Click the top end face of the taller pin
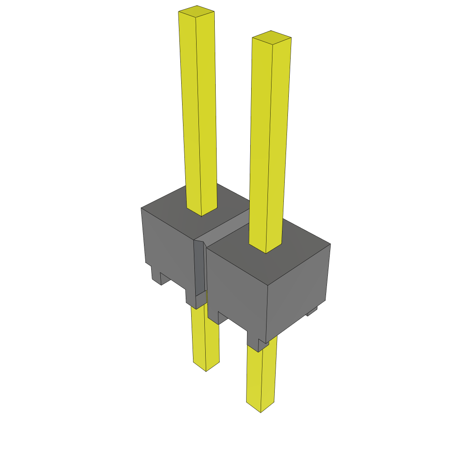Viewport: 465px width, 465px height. tap(196, 12)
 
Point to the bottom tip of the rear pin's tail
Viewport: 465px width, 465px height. tap(206, 368)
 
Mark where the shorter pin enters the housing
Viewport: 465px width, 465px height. tap(266, 247)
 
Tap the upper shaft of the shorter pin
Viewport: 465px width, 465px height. tap(271, 136)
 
